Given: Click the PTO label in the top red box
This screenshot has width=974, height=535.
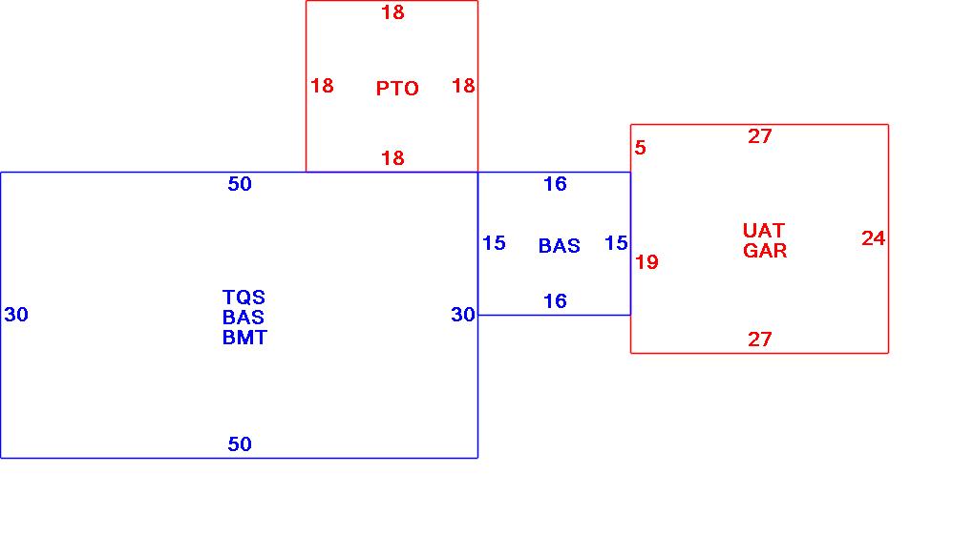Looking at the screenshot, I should [397, 89].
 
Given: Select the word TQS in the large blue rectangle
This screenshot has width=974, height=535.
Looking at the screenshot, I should [243, 298].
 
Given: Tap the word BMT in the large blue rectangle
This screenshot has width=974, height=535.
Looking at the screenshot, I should [244, 338].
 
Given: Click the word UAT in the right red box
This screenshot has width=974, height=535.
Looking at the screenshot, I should [764, 231].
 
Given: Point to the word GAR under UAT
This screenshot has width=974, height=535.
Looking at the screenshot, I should [765, 251].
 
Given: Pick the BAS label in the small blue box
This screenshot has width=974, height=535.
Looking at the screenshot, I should [559, 246].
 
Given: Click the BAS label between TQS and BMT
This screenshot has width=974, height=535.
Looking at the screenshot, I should [243, 318].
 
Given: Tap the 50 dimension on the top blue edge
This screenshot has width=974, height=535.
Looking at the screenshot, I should [240, 184].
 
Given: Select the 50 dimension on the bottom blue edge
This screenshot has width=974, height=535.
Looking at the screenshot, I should [240, 444].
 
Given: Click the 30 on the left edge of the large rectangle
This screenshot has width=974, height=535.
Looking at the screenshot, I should [16, 315].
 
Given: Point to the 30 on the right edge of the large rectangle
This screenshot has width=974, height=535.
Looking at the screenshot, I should [463, 315].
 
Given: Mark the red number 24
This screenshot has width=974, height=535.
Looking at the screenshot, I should [873, 238].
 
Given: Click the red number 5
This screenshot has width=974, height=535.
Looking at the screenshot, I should [641, 148].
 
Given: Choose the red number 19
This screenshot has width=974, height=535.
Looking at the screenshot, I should [646, 262].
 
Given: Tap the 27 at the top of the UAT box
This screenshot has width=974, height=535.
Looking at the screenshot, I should [759, 136].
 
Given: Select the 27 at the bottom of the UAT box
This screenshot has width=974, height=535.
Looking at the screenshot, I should [759, 340].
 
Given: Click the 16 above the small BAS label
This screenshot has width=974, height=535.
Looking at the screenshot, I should [555, 184].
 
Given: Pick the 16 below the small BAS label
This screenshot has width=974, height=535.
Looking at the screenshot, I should [555, 301].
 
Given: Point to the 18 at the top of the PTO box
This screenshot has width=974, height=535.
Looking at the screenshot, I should [392, 12].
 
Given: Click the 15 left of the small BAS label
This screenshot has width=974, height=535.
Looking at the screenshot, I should [494, 243].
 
